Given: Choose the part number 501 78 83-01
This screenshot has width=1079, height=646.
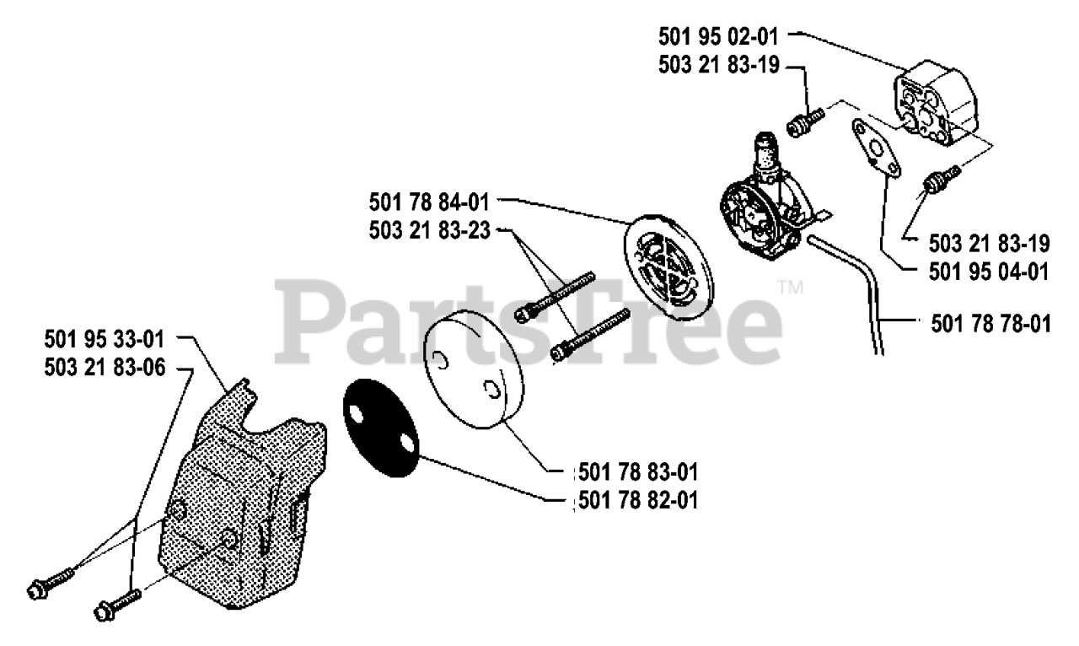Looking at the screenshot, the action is pos(638,470).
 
